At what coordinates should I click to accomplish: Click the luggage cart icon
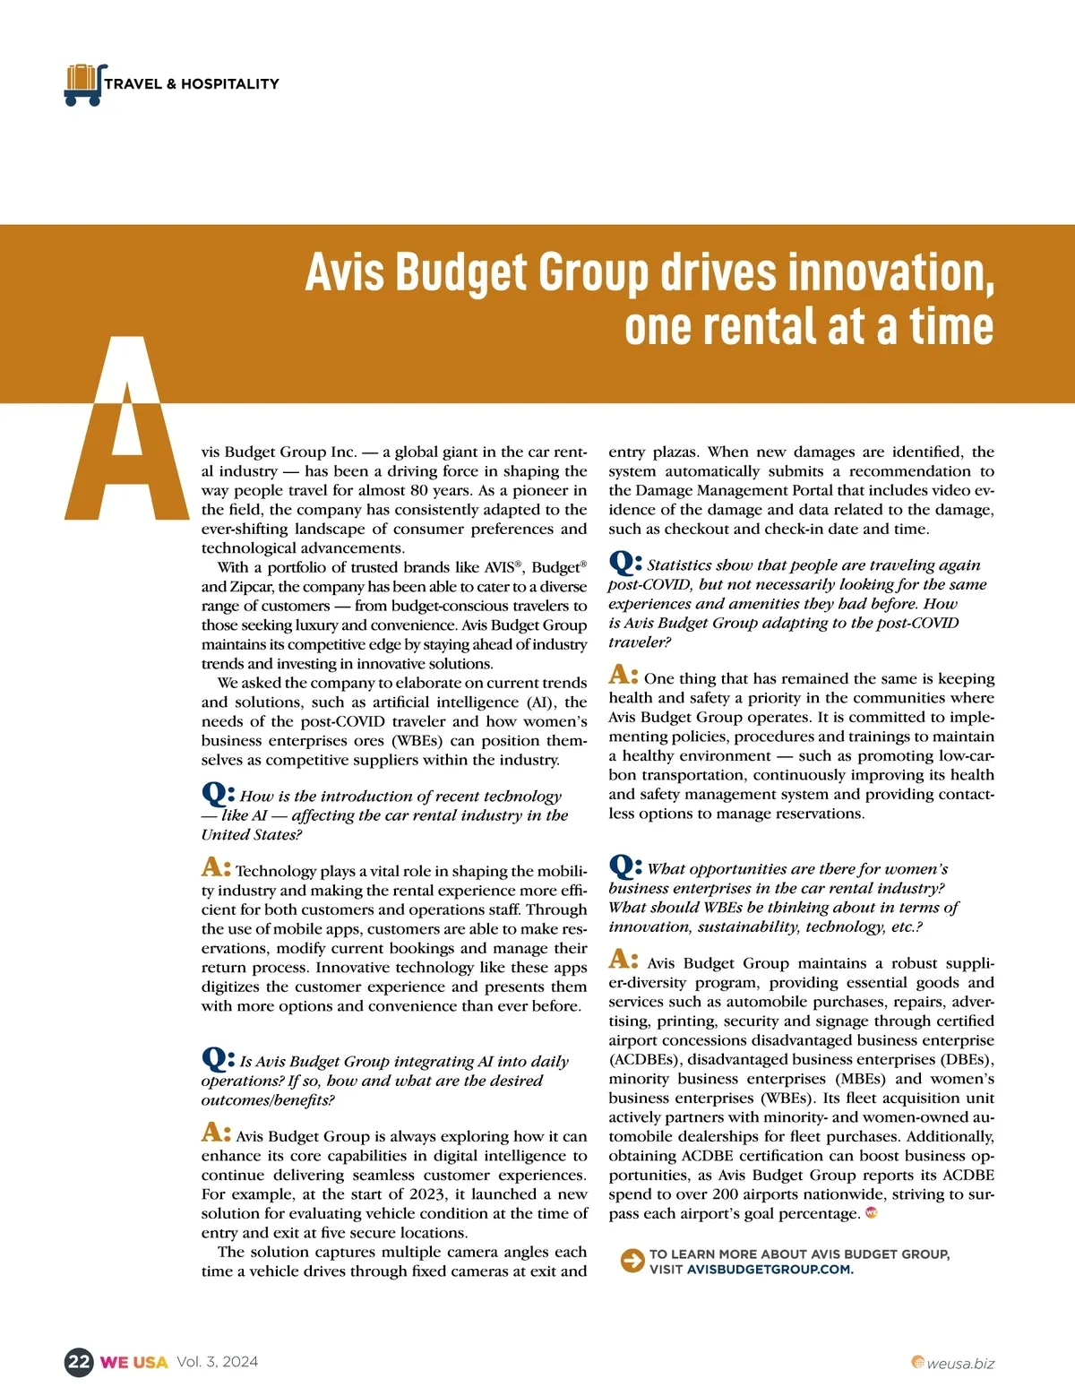tap(84, 84)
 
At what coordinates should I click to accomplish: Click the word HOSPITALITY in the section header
tap(230, 84)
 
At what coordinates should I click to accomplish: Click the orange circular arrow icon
tap(632, 1261)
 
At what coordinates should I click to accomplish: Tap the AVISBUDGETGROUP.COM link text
tap(770, 1270)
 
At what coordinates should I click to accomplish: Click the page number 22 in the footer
tap(79, 1363)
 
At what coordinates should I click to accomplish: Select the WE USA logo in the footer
tap(133, 1363)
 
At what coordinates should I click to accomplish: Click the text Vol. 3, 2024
tap(217, 1362)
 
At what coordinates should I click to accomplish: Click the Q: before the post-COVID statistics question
tap(624, 563)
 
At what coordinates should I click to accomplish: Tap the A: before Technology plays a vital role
tap(216, 867)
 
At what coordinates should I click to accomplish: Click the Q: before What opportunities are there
tap(624, 866)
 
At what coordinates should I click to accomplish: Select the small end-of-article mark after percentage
tap(871, 1213)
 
